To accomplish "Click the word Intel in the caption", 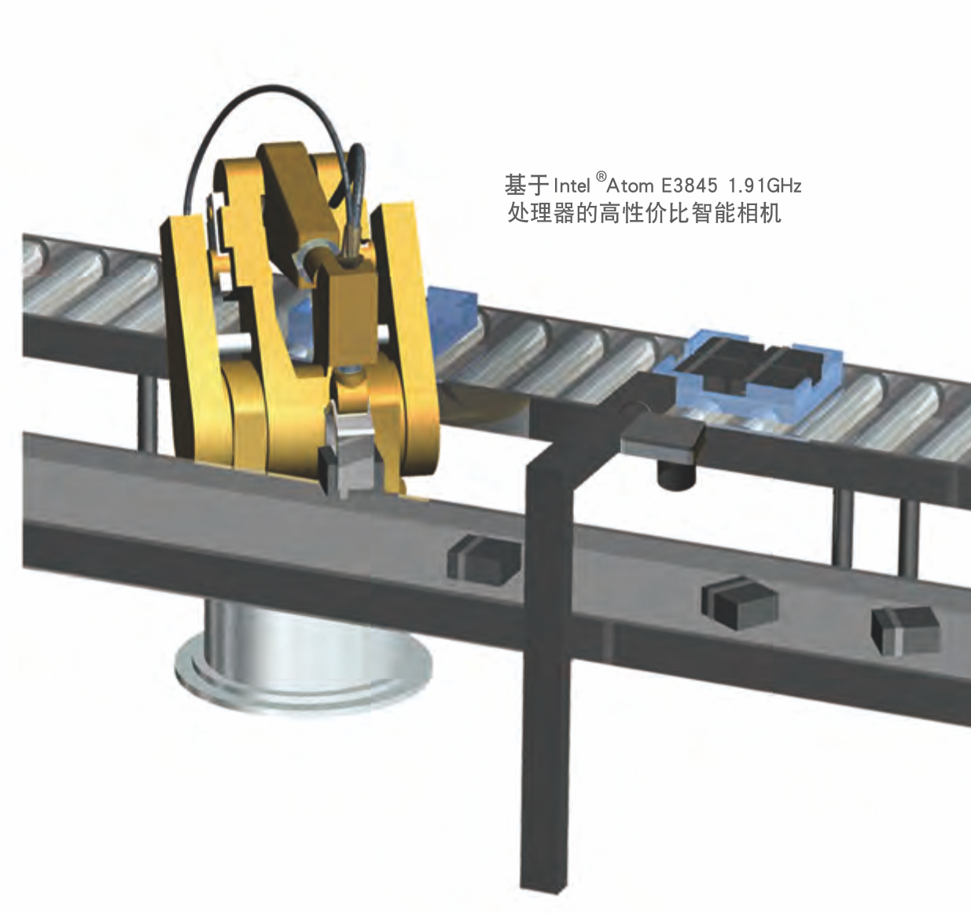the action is (572, 185).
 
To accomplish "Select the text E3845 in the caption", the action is (690, 185).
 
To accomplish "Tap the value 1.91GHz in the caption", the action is (765, 185).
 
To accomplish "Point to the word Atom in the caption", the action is (630, 185).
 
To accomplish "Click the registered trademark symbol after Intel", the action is (601, 175).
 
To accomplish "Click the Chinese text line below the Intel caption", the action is (644, 214).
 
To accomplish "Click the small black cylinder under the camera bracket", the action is (676, 476).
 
